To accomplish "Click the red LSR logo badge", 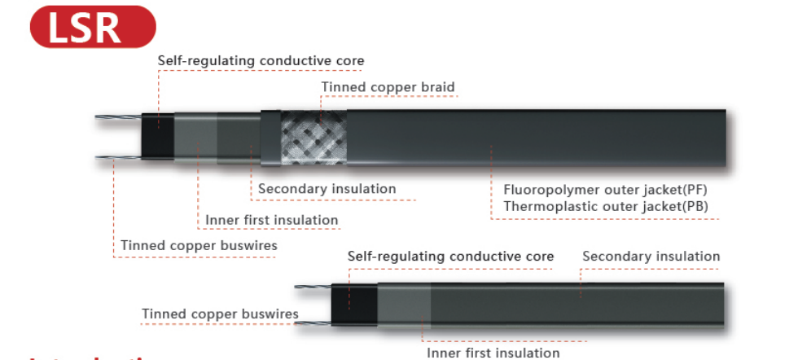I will click(91, 26).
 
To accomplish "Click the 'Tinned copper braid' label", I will click(388, 87).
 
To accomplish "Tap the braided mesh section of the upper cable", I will click(310, 136).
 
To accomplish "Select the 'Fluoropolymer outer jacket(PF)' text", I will click(606, 190).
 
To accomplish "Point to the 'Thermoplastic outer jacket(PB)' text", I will click(606, 206).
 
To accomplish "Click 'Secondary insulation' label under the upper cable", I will click(327, 189).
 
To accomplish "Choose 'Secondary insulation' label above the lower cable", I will click(651, 256).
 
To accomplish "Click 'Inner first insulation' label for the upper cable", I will click(271, 220).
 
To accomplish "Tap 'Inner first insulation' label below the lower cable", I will click(493, 352).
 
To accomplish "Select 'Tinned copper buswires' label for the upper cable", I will click(199, 245).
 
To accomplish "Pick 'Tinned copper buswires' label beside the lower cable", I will click(220, 314).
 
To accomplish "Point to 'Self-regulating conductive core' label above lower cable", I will click(450, 256).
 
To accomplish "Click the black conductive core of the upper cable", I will click(156, 134).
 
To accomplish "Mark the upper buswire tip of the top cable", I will click(103, 120).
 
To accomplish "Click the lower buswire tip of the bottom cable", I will click(303, 323).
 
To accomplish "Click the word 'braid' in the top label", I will click(438, 87).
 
